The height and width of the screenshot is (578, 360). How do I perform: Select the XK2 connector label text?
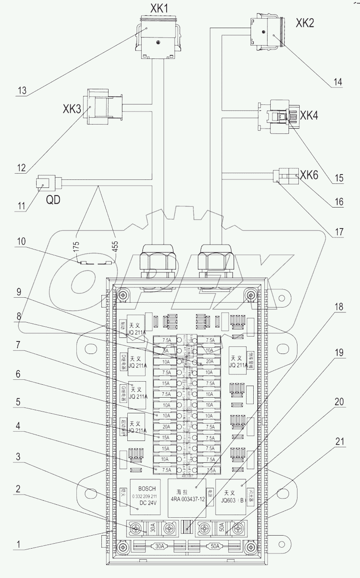(304, 23)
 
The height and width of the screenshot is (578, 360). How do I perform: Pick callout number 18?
(338, 307)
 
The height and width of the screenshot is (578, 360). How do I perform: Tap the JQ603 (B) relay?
(231, 496)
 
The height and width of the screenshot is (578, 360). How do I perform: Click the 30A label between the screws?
(153, 528)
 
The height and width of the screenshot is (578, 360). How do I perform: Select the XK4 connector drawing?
(274, 117)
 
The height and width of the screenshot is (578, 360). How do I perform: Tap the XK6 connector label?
(309, 175)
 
